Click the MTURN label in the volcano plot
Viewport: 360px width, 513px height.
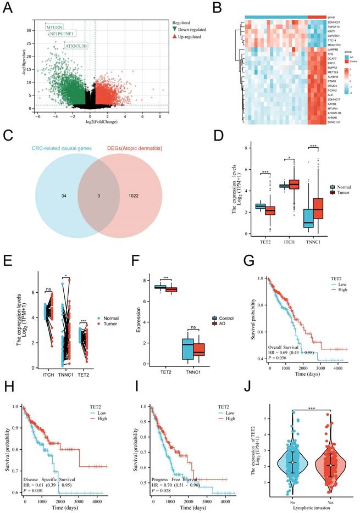55,26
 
